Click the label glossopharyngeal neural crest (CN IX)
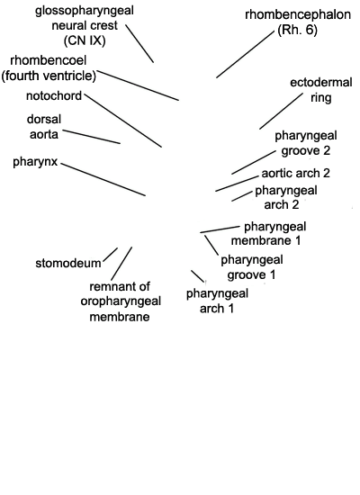[85, 25]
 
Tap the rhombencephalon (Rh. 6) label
[298, 22]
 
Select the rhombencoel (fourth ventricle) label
[49, 68]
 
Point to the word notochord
[54, 96]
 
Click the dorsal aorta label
[44, 127]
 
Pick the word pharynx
[35, 162]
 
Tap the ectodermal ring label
[320, 90]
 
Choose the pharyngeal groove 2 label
[306, 143]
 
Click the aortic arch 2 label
[295, 174]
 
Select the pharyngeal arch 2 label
[286, 198]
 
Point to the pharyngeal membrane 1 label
[269, 234]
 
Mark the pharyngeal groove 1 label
[252, 267]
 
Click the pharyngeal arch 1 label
[217, 301]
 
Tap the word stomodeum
[68, 264]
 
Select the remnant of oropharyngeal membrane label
[121, 301]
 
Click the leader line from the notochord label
[123, 121]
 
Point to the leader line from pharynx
[103, 179]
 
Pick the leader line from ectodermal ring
[281, 111]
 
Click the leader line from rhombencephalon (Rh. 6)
[246, 54]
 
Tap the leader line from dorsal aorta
[91, 137]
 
